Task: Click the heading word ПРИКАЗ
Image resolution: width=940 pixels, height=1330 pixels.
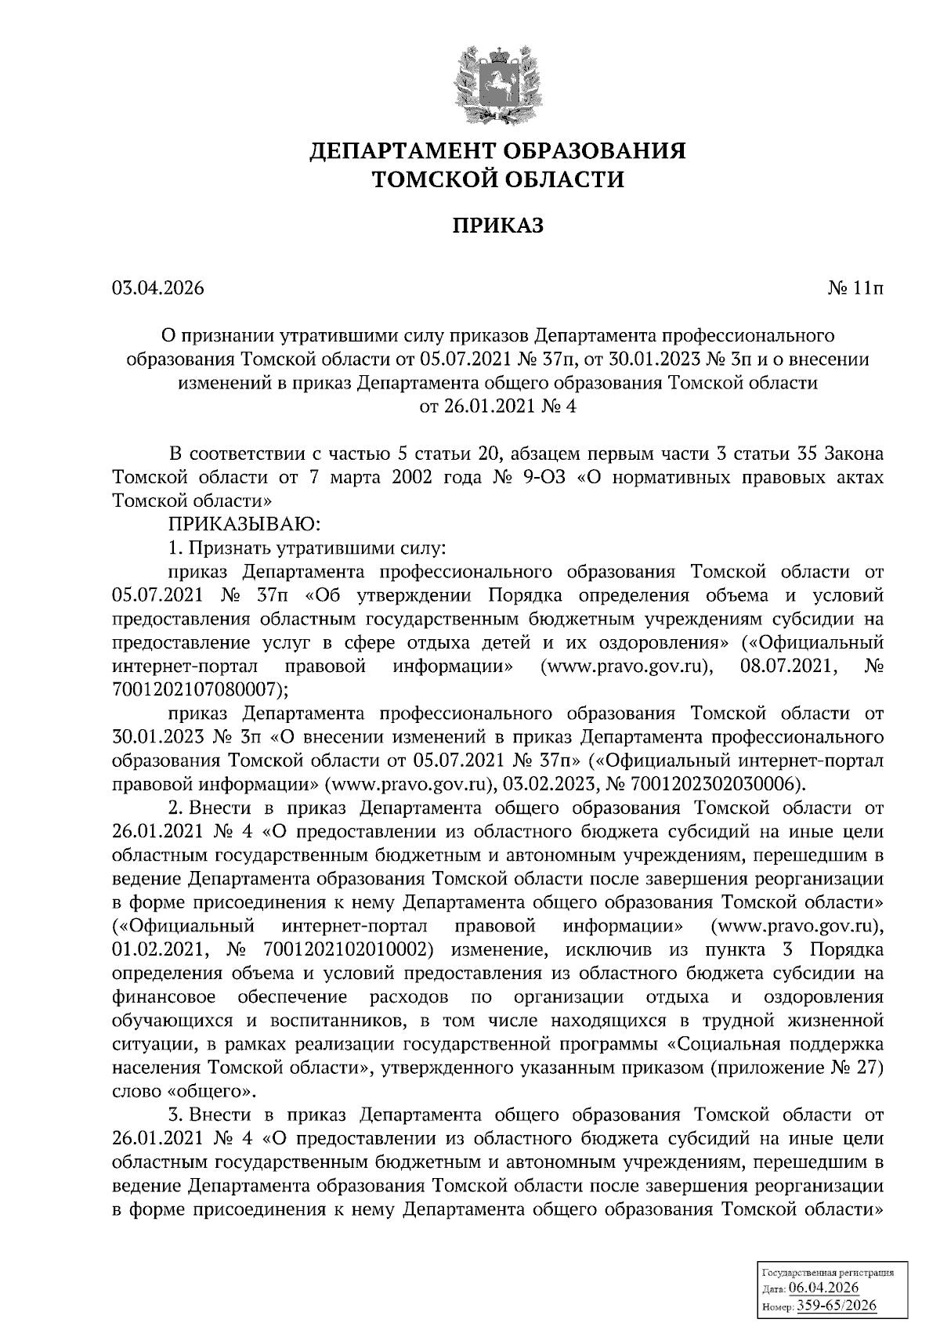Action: (x=497, y=226)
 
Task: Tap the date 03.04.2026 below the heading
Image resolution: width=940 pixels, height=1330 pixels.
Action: (x=157, y=288)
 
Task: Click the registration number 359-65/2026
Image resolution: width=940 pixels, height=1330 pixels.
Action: (x=836, y=1306)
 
